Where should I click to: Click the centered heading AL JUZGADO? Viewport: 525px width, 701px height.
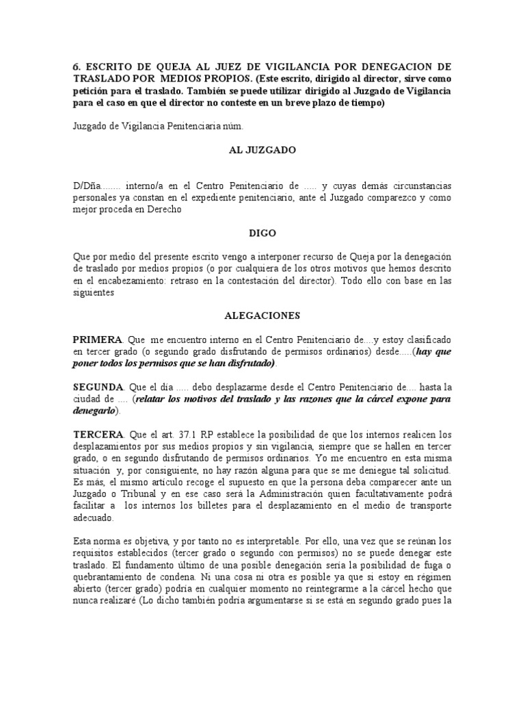pos(262,151)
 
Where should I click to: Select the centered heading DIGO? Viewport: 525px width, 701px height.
pos(262,233)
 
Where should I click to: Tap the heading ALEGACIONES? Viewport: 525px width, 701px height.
pos(262,316)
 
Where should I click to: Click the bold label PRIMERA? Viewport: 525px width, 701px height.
pos(97,340)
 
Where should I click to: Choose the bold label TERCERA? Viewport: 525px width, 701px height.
pos(98,435)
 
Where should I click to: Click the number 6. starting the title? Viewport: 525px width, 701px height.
pos(77,66)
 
